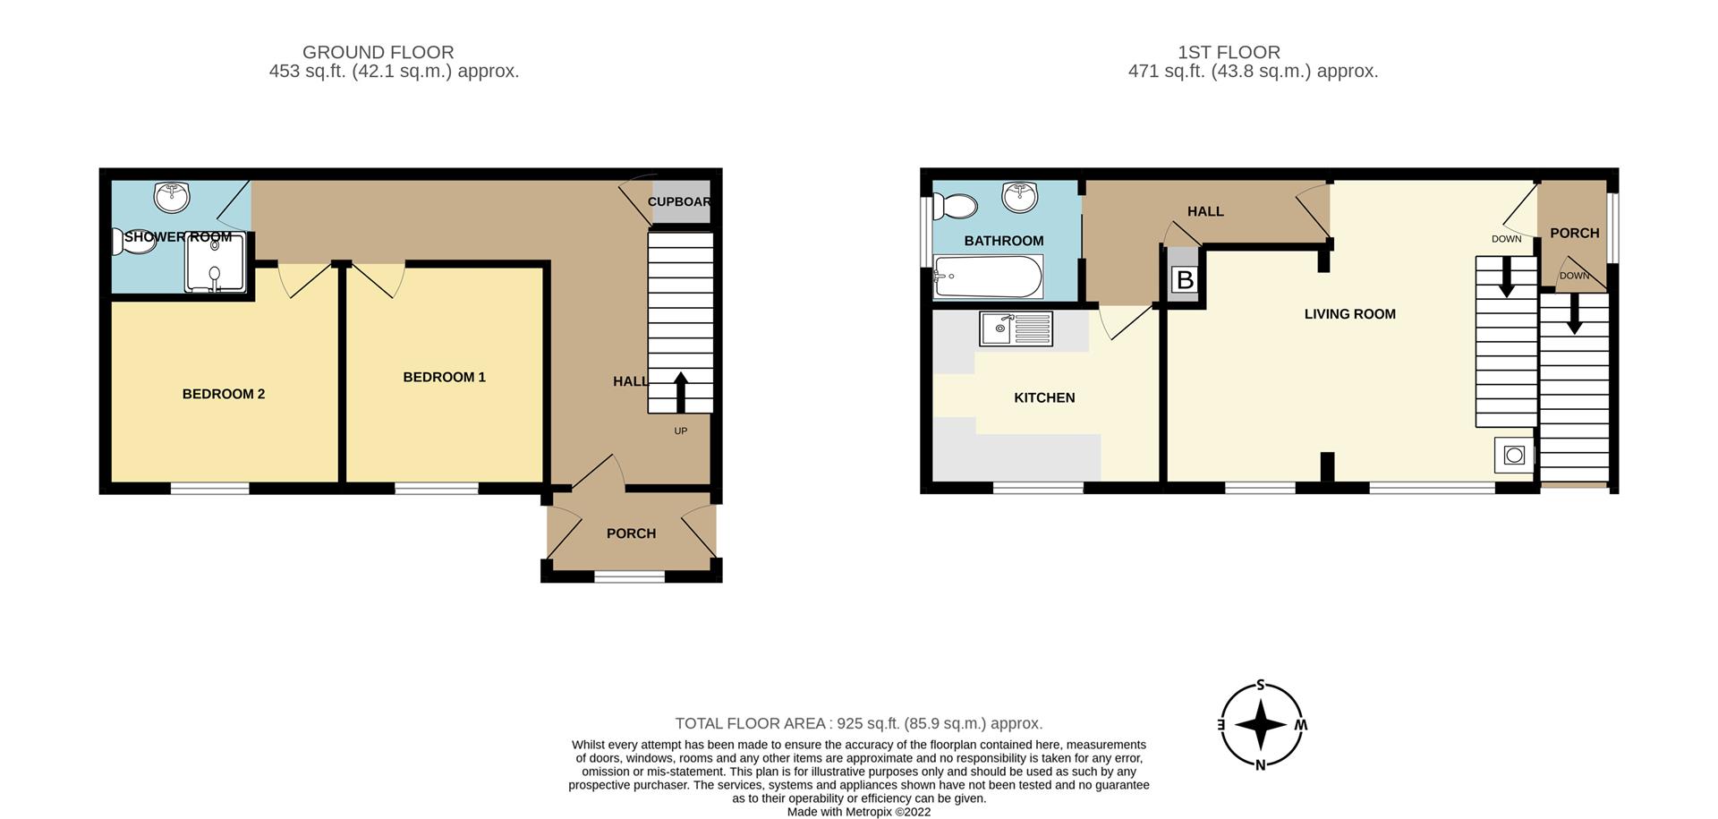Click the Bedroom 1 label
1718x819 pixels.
444,377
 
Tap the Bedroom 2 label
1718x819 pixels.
224,394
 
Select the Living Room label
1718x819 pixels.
1349,314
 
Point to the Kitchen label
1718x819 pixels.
1044,397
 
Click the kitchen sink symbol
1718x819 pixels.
1016,328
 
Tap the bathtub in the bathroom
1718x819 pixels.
987,277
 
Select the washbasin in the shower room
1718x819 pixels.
172,196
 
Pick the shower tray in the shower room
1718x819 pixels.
215,262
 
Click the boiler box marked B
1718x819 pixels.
1185,280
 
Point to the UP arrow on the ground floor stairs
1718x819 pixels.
680,392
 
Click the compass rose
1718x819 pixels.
1261,725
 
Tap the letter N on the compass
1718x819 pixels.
1261,764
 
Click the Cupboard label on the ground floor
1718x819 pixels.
679,201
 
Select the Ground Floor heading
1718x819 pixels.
378,52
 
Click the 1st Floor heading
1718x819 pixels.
1229,52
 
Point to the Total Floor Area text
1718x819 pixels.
859,723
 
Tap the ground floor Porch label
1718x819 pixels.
631,533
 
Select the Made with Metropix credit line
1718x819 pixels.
859,812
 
